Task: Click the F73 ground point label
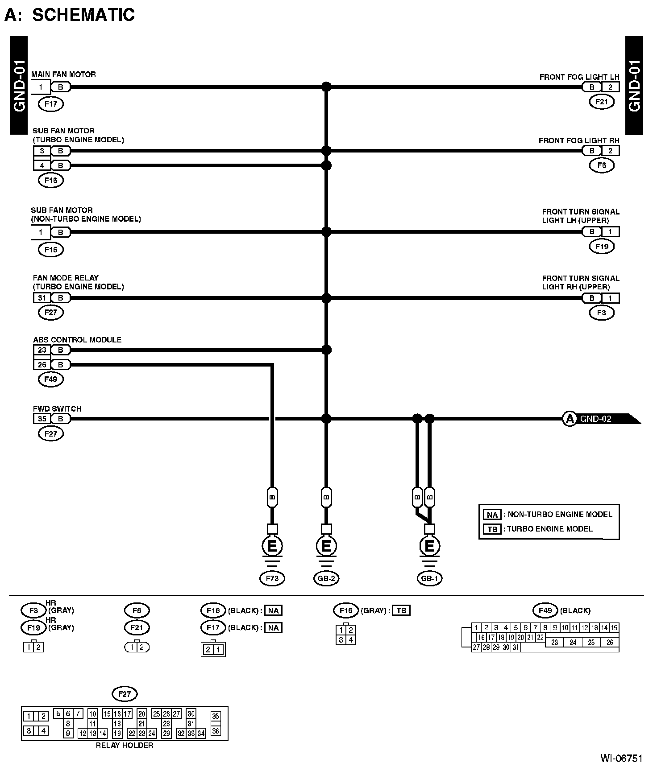click(272, 578)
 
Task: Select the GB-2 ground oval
click(326, 578)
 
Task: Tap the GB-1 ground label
click(429, 578)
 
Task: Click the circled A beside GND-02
click(569, 419)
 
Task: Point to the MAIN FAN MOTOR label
click(63, 74)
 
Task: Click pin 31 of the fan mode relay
click(42, 298)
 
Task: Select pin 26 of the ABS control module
click(42, 365)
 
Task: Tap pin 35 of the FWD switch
click(42, 419)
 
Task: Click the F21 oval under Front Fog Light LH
click(602, 102)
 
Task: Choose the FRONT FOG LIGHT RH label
click(579, 140)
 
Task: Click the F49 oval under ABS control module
click(51, 379)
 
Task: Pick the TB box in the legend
click(492, 529)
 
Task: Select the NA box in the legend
click(492, 515)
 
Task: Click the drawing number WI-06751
click(621, 758)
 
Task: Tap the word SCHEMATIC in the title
click(83, 15)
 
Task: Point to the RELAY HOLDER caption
click(125, 745)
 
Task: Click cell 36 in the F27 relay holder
click(216, 731)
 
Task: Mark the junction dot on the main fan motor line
click(326, 87)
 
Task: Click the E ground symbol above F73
click(272, 546)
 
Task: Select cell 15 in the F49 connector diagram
click(614, 628)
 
